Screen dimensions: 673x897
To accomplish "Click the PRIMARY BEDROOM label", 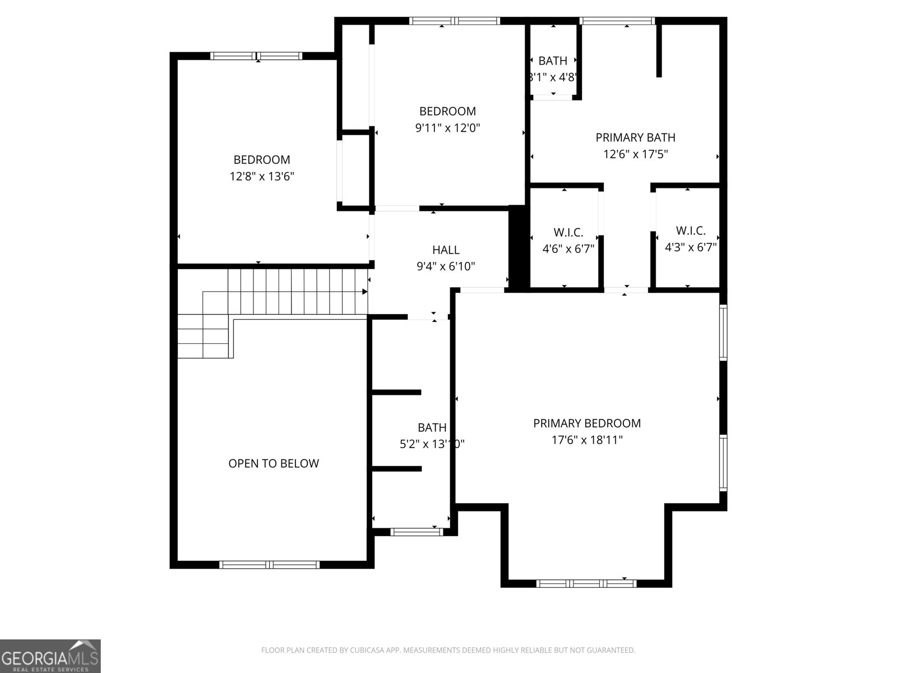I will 586,423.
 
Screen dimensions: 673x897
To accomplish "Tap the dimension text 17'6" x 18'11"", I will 586,440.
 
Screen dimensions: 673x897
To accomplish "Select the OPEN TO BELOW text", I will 274,463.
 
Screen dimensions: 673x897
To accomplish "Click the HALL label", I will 446,250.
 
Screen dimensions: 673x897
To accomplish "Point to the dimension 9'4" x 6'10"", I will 446,266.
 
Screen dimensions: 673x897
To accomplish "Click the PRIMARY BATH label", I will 635,137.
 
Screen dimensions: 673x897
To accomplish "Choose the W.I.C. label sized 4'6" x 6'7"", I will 568,232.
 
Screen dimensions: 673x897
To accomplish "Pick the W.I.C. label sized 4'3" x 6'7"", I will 690,231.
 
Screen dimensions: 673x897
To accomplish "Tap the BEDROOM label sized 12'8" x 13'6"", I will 262,160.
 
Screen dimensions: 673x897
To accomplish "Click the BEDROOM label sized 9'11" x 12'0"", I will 447,111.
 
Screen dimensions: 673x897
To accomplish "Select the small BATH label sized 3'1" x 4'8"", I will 553,61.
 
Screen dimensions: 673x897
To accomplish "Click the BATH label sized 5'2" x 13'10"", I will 432,428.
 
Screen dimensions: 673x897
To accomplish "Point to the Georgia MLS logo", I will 50,656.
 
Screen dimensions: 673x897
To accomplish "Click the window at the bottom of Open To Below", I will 269,564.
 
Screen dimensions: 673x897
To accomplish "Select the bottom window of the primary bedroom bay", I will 586,583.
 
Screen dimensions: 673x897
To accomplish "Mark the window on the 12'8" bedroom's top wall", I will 256,56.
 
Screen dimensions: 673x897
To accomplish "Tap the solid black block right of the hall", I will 518,248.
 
